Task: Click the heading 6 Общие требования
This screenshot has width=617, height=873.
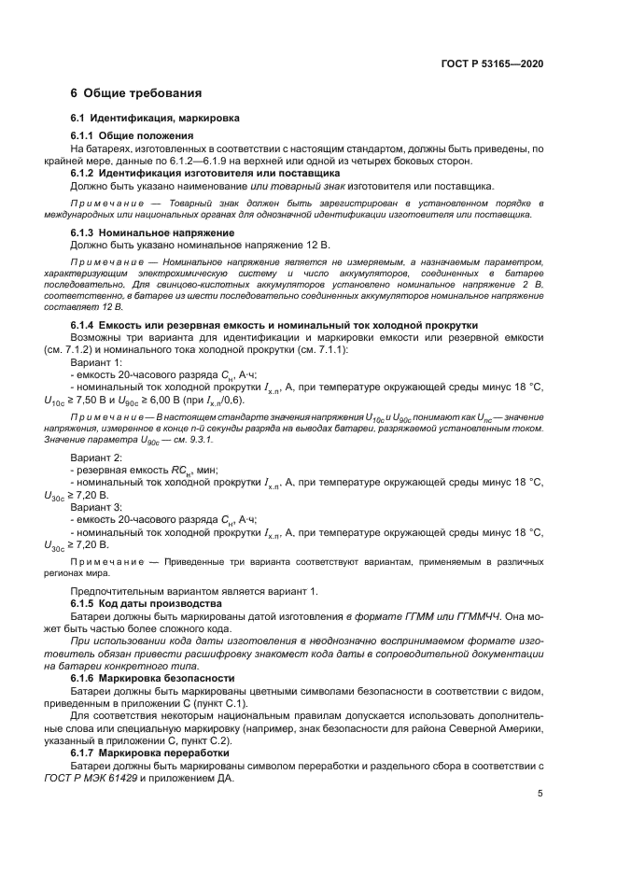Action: click(x=136, y=93)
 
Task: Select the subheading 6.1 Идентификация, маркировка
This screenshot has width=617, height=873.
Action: click(x=156, y=119)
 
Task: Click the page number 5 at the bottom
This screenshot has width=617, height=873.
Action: click(x=540, y=794)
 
